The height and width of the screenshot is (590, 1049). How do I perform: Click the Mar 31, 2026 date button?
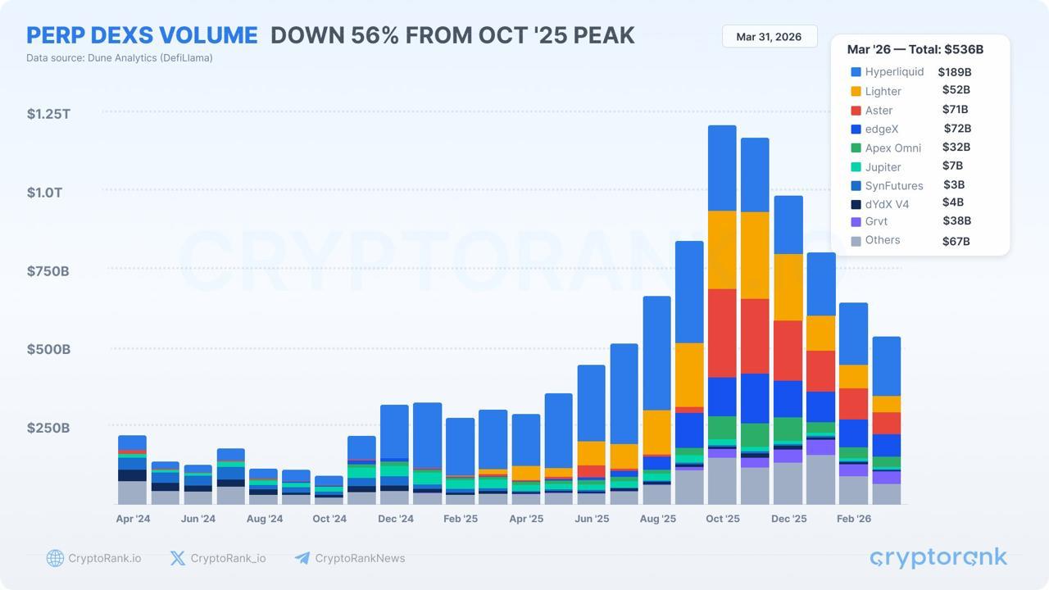point(769,37)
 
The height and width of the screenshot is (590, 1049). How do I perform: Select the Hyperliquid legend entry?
point(893,72)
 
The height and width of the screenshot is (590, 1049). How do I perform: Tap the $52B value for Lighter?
point(956,90)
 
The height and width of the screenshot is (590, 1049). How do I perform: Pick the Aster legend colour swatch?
point(856,111)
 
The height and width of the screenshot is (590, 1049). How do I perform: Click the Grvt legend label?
point(876,221)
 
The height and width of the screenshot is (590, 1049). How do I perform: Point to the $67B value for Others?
point(956,241)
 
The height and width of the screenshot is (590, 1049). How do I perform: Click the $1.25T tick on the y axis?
point(48,114)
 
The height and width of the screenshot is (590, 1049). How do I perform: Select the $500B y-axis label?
point(48,350)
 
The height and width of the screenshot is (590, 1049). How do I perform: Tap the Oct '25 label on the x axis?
point(722,519)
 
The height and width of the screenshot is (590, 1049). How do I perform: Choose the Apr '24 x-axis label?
point(133,519)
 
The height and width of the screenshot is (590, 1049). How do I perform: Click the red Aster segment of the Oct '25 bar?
point(722,333)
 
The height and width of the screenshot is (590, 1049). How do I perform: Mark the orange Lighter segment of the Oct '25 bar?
point(722,250)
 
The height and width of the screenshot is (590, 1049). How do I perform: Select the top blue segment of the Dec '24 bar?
point(394,431)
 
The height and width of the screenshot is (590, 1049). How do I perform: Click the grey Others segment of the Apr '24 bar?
point(132,492)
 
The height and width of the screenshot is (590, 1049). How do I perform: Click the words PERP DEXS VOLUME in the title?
point(142,35)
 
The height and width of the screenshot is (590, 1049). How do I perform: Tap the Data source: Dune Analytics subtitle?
point(119,58)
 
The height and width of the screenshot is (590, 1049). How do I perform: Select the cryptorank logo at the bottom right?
point(938,558)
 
